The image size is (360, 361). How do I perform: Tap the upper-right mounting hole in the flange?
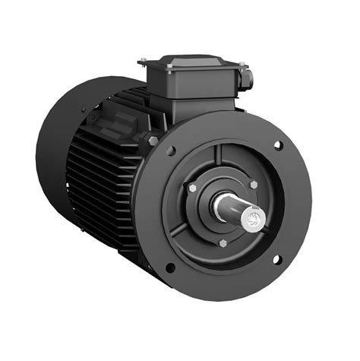click(x=277, y=145)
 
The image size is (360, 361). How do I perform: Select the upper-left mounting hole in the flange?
click(x=172, y=150)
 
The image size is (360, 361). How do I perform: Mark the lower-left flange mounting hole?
click(x=169, y=267)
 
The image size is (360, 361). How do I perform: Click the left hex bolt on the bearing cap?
click(x=193, y=188)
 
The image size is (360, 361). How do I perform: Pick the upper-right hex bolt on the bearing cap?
click(x=253, y=184)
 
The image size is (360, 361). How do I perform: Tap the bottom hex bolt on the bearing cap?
click(x=223, y=243)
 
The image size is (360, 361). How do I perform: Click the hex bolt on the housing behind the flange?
click(x=153, y=141)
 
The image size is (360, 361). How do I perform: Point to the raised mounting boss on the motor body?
click(x=114, y=122)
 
